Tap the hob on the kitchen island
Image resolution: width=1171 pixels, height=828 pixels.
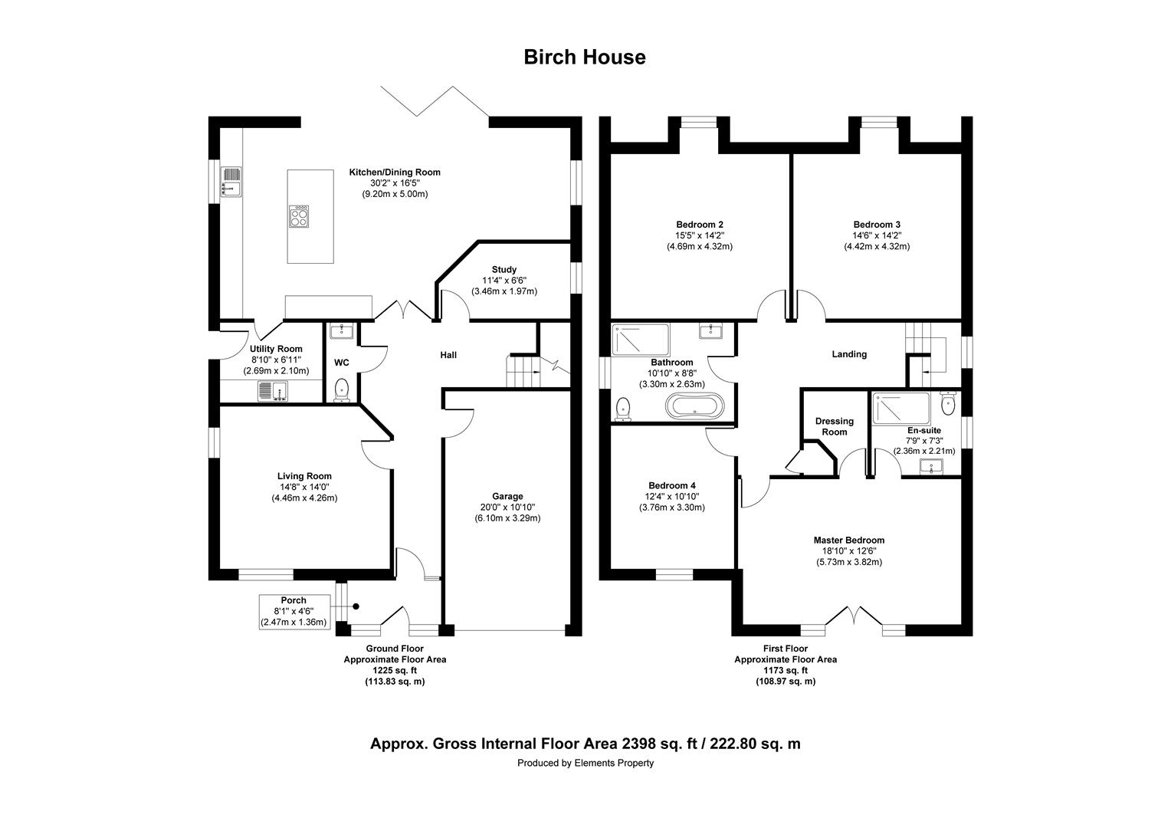299,216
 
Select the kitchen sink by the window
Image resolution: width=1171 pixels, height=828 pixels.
231,182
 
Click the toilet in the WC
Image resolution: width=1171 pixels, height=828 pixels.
341,390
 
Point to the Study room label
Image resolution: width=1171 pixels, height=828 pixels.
504,269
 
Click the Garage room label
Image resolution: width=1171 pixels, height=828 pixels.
507,496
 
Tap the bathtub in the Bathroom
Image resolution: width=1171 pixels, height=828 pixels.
695,406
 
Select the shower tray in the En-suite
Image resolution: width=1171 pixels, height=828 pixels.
900,408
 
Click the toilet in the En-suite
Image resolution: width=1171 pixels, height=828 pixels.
947,402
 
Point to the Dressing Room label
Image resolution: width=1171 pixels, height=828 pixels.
835,426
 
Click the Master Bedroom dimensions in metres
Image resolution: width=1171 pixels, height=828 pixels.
849,562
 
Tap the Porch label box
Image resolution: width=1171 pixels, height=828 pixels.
294,612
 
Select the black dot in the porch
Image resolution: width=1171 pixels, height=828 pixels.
356,606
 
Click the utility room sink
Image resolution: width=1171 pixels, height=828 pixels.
272,391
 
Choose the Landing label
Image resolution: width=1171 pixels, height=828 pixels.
849,354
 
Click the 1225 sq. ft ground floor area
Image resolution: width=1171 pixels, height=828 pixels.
395,671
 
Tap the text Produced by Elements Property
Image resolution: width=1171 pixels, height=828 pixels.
585,763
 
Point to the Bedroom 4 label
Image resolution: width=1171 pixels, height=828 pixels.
672,485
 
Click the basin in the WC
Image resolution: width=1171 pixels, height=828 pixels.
341,330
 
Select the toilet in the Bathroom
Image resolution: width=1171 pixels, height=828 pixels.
623,409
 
